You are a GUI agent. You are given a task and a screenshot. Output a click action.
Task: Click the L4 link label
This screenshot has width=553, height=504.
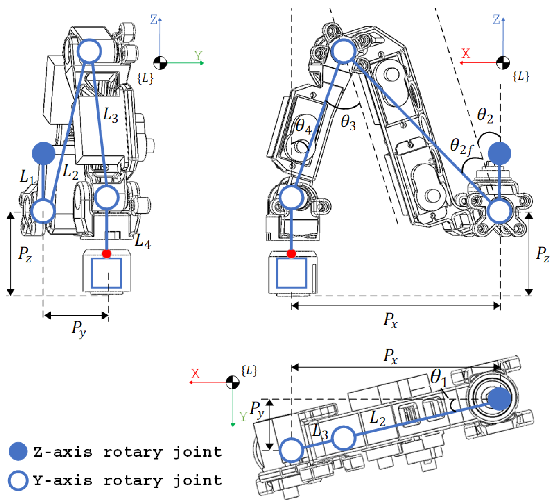pyautogui.click(x=143, y=241)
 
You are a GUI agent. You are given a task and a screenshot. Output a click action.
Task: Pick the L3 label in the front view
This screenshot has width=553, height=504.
pyautogui.click(x=110, y=115)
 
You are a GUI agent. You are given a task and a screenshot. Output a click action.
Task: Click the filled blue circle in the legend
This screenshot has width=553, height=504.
pyautogui.click(x=18, y=451)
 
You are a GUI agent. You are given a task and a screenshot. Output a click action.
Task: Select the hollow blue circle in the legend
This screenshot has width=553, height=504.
pyautogui.click(x=18, y=481)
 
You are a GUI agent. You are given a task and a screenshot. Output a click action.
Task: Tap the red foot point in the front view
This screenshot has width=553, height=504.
pyautogui.click(x=107, y=254)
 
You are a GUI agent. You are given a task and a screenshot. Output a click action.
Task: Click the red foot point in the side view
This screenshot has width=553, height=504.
pyautogui.click(x=291, y=254)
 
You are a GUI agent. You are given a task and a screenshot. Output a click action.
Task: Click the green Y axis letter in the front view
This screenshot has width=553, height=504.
pyautogui.click(x=198, y=56)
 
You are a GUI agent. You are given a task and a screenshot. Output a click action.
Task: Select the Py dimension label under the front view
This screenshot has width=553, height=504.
pyautogui.click(x=79, y=328)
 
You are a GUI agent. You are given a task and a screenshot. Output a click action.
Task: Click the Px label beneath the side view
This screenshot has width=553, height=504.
pyautogui.click(x=390, y=320)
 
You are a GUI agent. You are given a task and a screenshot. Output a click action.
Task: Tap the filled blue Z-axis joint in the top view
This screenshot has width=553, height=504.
pyautogui.click(x=499, y=399)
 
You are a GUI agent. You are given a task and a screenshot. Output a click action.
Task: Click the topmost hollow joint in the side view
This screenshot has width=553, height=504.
pyautogui.click(x=343, y=51)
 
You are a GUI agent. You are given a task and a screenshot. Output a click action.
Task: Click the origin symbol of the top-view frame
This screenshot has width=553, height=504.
pyautogui.click(x=232, y=382)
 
